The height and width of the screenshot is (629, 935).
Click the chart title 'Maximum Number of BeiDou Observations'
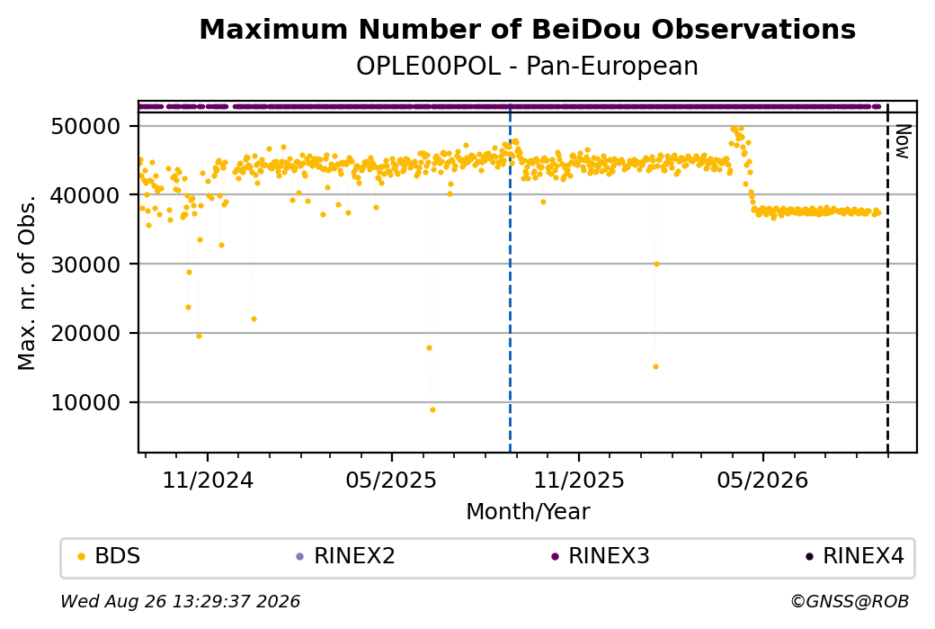527,29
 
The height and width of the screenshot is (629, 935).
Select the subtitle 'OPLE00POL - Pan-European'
527,67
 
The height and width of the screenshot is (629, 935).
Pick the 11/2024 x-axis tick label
208,480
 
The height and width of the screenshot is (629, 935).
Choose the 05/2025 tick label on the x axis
391,480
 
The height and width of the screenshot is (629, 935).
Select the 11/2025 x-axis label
578,480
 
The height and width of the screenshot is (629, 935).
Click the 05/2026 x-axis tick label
762,480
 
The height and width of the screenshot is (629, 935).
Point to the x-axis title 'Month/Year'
528,512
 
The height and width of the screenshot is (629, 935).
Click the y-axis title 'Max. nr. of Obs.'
27,283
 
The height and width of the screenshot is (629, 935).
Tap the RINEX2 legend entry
345,556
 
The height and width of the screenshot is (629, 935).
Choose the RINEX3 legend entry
600,556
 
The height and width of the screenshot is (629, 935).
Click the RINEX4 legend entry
854,556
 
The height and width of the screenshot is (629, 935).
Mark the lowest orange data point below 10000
432,410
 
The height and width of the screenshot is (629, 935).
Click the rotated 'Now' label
904,141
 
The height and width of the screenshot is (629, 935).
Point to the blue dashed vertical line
510,277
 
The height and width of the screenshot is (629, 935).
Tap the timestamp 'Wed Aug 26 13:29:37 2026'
180,601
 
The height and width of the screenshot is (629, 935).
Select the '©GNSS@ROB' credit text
850,601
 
